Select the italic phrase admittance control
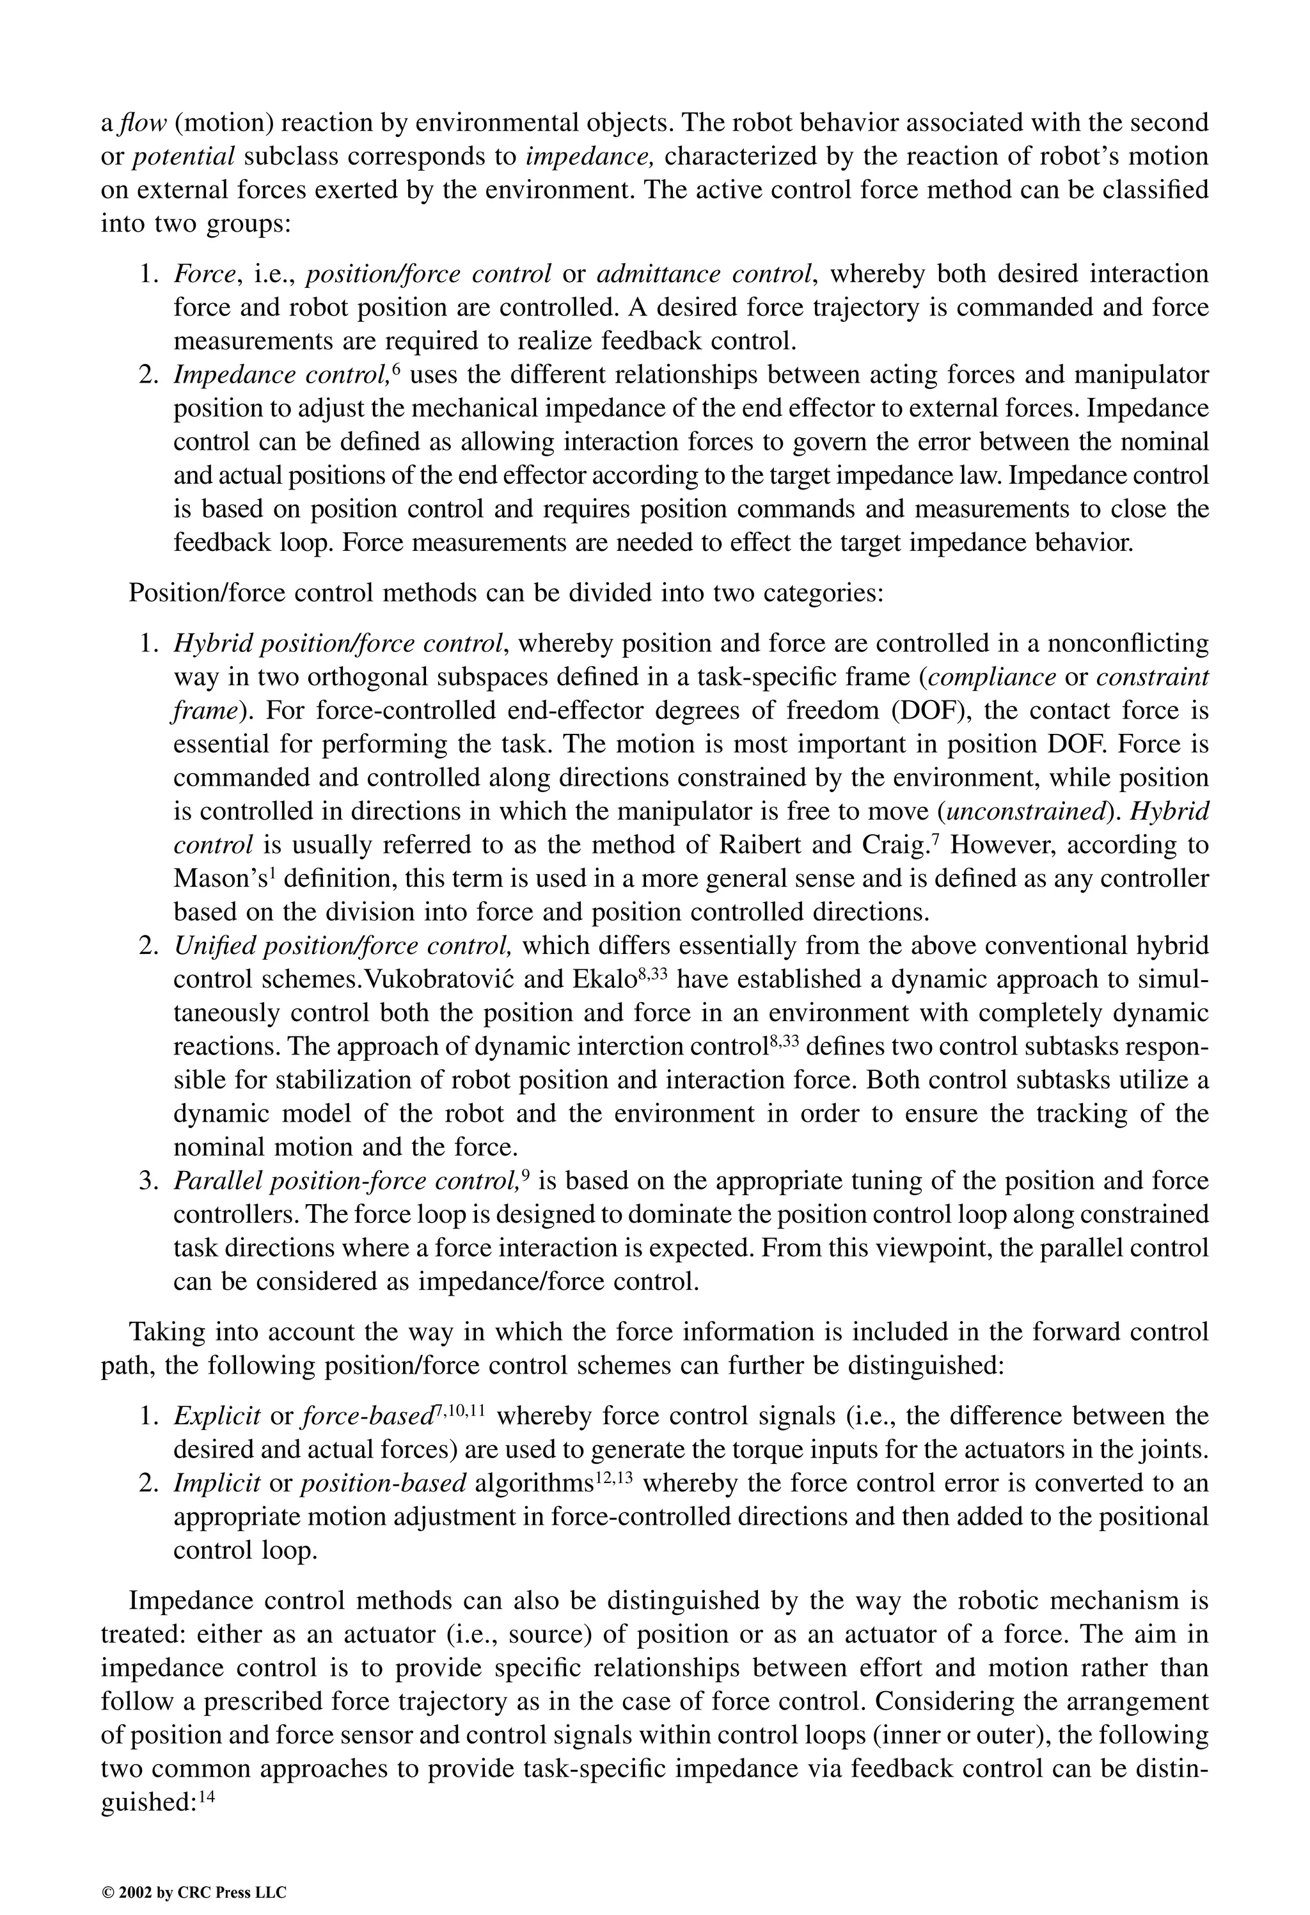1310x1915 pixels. pyautogui.click(x=706, y=274)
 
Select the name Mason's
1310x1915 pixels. pyautogui.click(x=217, y=878)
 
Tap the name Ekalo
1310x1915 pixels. pyautogui.click(x=597, y=979)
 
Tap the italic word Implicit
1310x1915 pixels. pyautogui.click(x=217, y=1484)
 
